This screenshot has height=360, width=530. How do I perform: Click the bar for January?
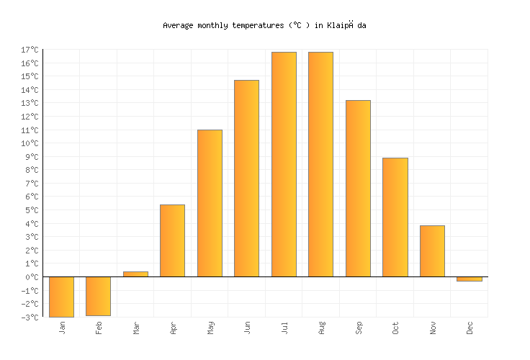(61, 297)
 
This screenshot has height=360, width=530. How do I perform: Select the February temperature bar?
(98, 296)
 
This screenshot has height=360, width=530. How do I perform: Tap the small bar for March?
(135, 274)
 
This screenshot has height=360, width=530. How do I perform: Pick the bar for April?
(172, 240)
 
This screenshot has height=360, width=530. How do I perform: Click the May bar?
(210, 203)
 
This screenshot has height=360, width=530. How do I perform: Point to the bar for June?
(246, 179)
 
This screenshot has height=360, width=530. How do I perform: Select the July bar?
(284, 164)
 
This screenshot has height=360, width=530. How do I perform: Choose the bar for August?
(320, 164)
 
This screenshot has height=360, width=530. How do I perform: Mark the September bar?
(358, 189)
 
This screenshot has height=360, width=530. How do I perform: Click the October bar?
(395, 217)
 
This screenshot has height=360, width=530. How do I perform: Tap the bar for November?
(432, 251)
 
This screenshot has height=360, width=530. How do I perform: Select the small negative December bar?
(469, 279)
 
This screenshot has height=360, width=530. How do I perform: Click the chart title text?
(265, 25)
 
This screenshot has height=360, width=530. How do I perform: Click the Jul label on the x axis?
(284, 328)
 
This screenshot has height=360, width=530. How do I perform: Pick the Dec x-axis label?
(470, 328)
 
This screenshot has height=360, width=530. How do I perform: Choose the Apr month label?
(173, 328)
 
